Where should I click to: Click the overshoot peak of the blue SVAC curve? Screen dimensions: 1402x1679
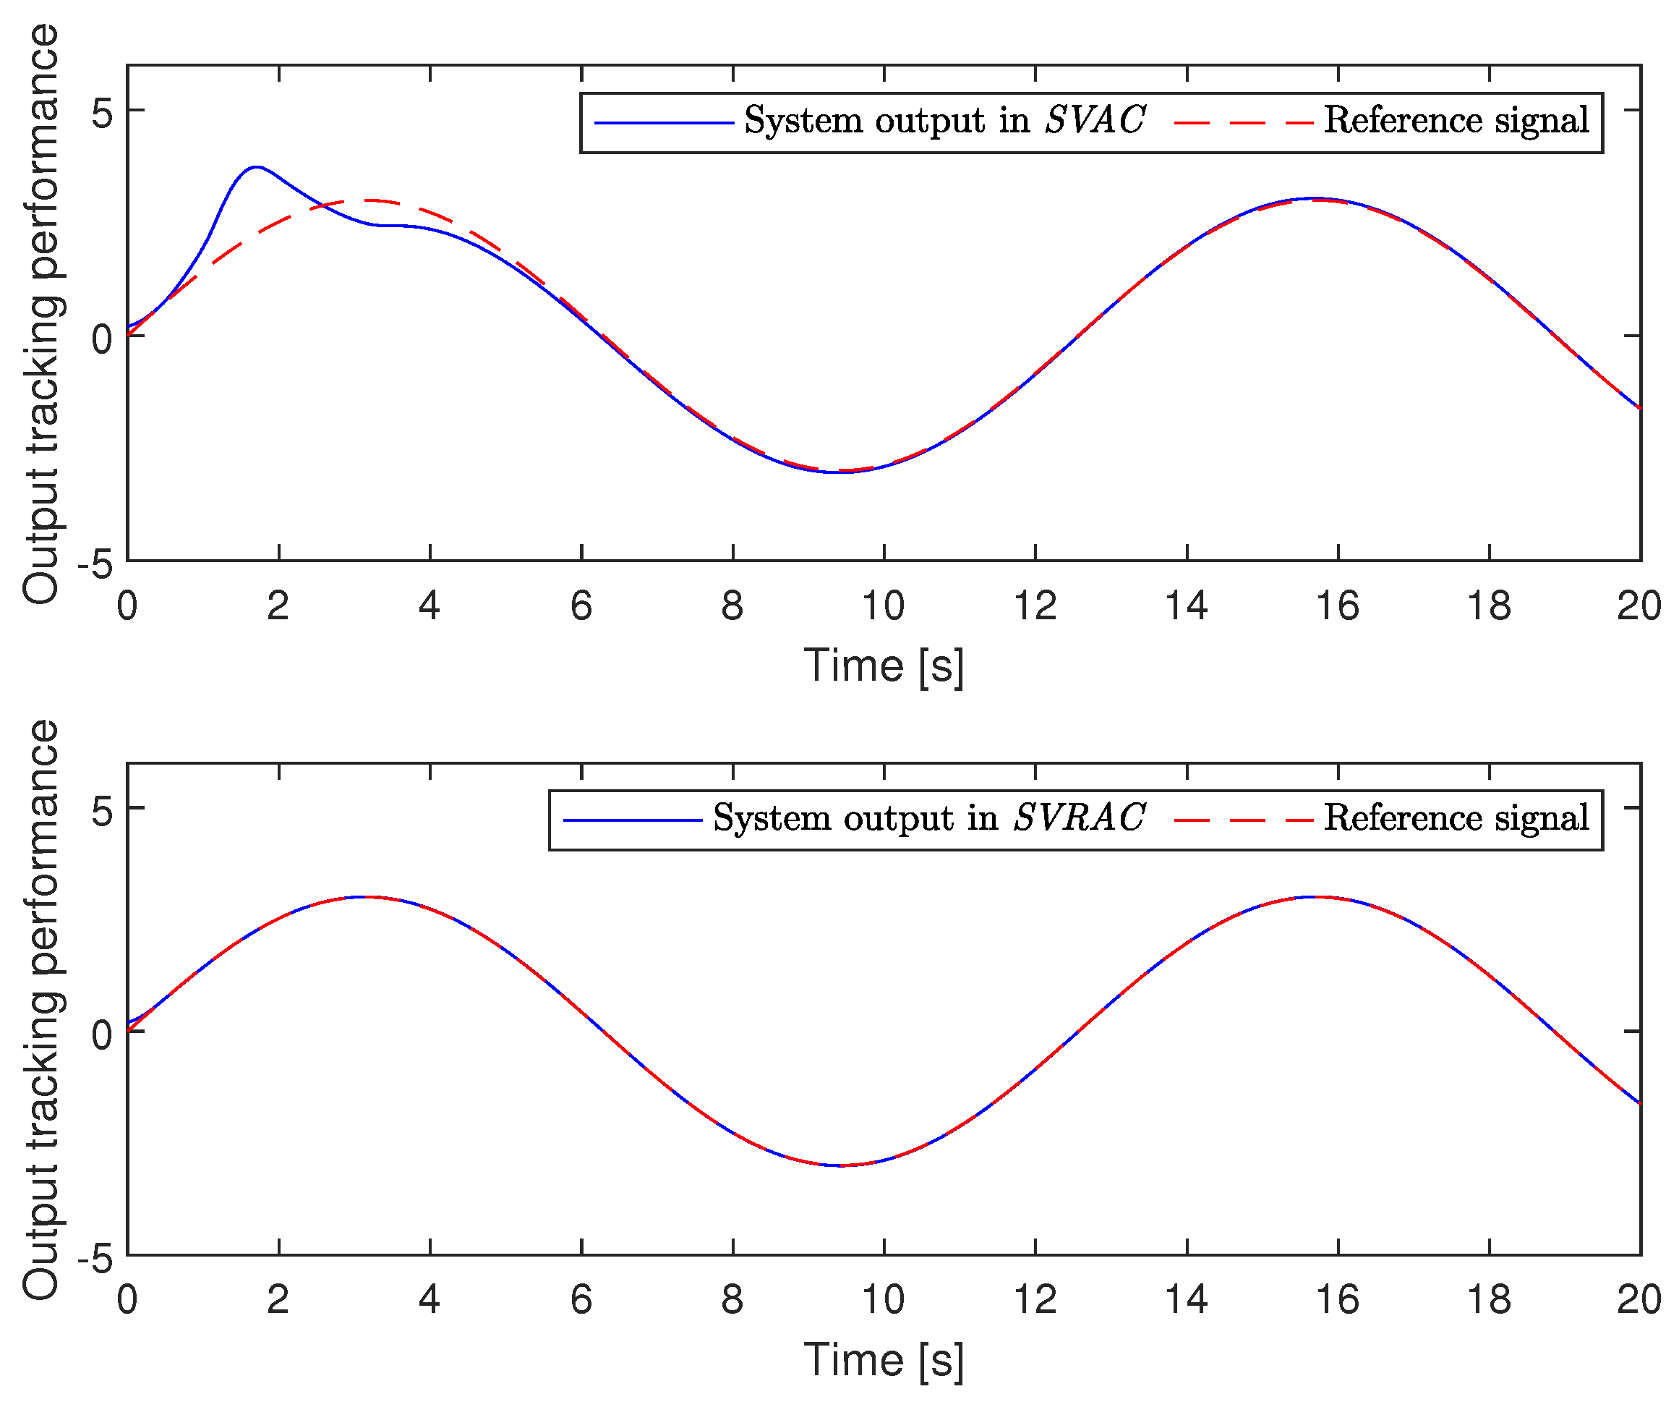pyautogui.click(x=256, y=167)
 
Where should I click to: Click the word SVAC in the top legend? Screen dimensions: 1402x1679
pyautogui.click(x=1095, y=121)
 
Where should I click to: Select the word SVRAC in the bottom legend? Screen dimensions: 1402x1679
pyautogui.click(x=1080, y=818)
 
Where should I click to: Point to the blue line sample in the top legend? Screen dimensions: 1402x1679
pyautogui.click(x=664, y=123)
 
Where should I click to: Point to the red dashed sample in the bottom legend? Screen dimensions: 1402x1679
pyautogui.click(x=1243, y=820)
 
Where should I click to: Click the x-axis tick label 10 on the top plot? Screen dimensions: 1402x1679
pyautogui.click(x=883, y=606)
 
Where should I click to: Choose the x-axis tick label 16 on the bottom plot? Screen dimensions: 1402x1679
pyautogui.click(x=1337, y=1301)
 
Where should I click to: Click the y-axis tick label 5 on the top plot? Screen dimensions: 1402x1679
pyautogui.click(x=101, y=113)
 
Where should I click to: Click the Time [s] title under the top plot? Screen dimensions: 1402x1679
pyautogui.click(x=884, y=666)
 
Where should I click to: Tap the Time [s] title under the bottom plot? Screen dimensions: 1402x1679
pyautogui.click(x=884, y=1359)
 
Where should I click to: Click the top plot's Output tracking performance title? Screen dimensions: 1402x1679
pyautogui.click(x=40, y=313)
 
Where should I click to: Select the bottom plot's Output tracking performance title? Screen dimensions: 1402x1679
pyautogui.click(x=40, y=1009)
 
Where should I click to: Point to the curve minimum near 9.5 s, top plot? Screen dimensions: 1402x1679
pyautogui.click(x=835, y=472)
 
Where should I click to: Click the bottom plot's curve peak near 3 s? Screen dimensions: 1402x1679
pyautogui.click(x=364, y=897)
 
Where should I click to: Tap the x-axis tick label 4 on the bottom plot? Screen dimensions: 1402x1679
pyautogui.click(x=430, y=1301)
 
